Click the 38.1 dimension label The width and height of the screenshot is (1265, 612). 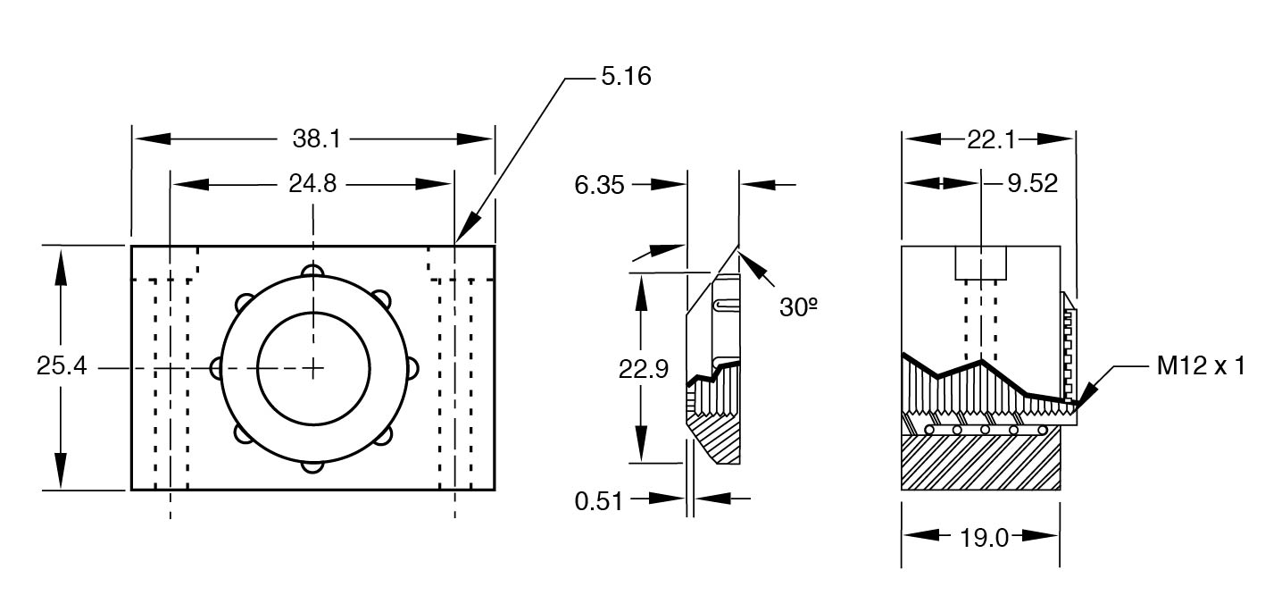point(317,138)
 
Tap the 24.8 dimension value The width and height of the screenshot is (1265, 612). point(312,184)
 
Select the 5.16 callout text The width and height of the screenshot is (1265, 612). point(626,76)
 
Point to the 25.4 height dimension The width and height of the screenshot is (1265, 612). point(62,365)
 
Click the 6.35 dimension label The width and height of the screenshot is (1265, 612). point(599,185)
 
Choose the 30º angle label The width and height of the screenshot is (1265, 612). point(798,306)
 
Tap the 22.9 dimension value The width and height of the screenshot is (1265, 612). point(644,370)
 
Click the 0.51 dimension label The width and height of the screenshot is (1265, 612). point(598,501)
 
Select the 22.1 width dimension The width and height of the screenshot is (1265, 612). point(991,139)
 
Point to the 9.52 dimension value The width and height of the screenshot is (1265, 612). point(1032,184)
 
